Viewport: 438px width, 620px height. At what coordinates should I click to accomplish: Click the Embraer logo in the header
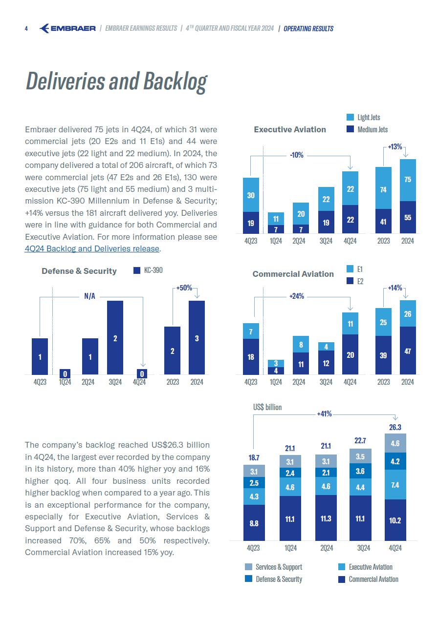tap(67, 28)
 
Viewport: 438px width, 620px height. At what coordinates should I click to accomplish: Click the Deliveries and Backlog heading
tap(116, 82)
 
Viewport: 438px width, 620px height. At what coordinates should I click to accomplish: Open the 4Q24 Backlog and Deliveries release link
tap(92, 248)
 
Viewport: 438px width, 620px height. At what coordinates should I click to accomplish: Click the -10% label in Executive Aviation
tap(297, 155)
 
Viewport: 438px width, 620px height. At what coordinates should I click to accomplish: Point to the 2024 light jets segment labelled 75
tap(408, 180)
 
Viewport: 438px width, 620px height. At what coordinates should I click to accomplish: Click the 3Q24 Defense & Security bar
tap(115, 337)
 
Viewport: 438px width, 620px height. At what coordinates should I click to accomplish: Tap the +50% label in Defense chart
tap(184, 288)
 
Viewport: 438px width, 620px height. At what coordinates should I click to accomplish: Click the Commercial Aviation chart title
tap(293, 274)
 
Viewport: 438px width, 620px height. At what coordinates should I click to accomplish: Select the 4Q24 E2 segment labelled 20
tap(350, 354)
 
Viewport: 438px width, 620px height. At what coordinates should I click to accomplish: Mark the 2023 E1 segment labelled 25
tap(383, 322)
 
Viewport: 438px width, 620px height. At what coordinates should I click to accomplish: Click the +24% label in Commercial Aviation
tap(297, 296)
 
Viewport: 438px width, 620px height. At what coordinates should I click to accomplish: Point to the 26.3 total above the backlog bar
tap(395, 427)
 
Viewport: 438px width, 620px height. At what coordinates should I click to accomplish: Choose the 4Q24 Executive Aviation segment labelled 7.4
tap(395, 485)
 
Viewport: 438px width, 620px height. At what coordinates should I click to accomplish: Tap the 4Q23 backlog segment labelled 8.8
tap(254, 523)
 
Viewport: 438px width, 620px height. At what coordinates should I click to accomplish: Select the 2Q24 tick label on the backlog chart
tap(327, 548)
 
